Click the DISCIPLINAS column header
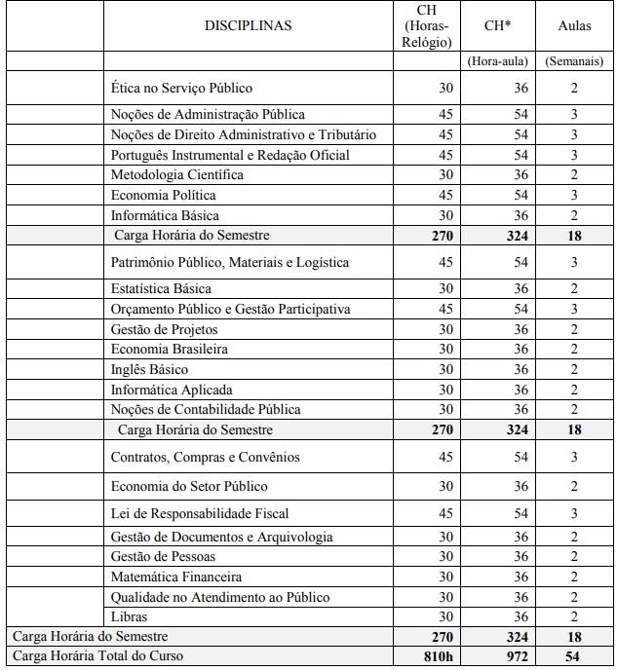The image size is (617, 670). pyautogui.click(x=248, y=26)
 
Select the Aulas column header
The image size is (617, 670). pyautogui.click(x=574, y=26)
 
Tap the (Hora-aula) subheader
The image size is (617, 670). pyautogui.click(x=498, y=60)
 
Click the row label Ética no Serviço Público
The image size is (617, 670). pyautogui.click(x=181, y=88)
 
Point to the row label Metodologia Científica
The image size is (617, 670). pyautogui.click(x=177, y=175)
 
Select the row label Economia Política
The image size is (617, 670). pyautogui.click(x=165, y=196)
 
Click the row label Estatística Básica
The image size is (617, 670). pyautogui.click(x=161, y=289)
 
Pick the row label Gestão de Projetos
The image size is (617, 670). pyautogui.click(x=158, y=329)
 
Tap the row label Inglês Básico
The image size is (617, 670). pyautogui.click(x=150, y=370)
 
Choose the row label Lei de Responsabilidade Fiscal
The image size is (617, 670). pyautogui.click(x=200, y=513)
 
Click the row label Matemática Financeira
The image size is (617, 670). pyautogui.click(x=176, y=577)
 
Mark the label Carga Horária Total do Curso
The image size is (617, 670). pyautogui.click(x=97, y=656)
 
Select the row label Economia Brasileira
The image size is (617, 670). pyautogui.click(x=170, y=350)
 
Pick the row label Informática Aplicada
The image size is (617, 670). pyautogui.click(x=172, y=391)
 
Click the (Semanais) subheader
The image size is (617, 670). pyautogui.click(x=574, y=60)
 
